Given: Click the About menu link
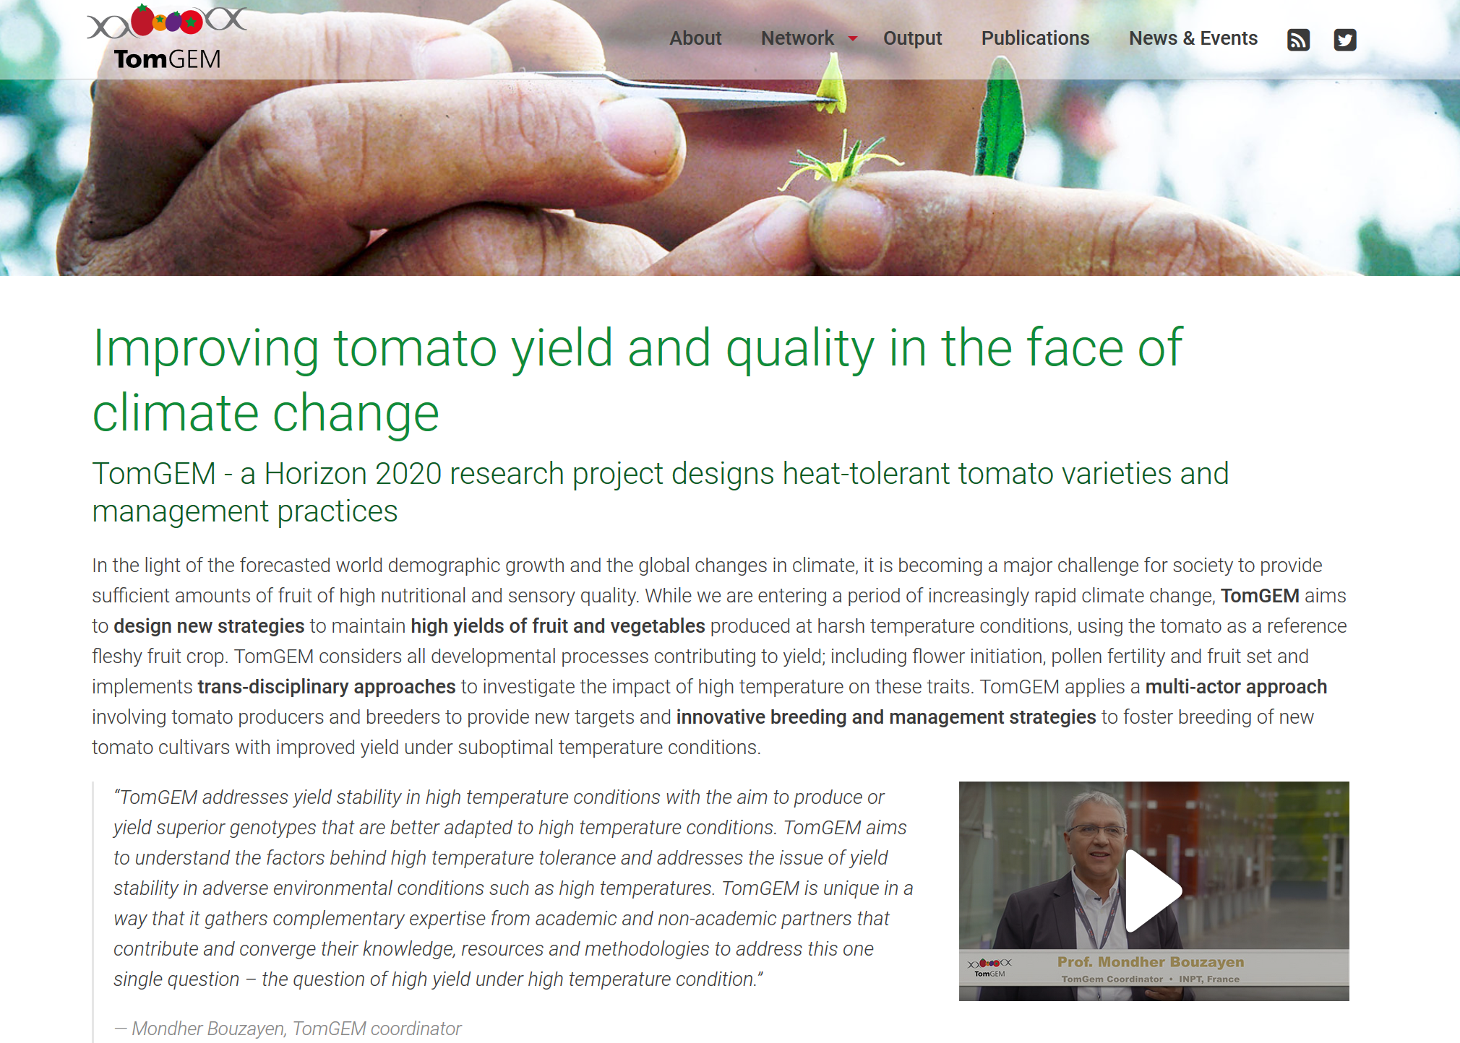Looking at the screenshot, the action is click(695, 38).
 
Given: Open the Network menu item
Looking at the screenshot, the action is click(797, 38).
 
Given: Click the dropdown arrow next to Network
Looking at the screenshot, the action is click(853, 39).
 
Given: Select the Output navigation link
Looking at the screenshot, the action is click(912, 38).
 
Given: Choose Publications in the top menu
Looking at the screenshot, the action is click(1035, 38).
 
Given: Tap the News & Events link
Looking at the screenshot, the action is click(1193, 38).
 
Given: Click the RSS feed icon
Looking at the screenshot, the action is click(1299, 40).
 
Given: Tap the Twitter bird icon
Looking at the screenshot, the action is click(1345, 40).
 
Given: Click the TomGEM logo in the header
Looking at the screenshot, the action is click(167, 38).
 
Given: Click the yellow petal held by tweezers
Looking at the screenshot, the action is click(832, 86).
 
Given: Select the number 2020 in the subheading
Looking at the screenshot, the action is click(408, 474).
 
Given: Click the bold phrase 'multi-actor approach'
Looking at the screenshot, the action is click(1236, 686).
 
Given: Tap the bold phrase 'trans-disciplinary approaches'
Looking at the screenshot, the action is click(327, 686).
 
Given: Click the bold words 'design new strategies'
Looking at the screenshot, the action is click(209, 626).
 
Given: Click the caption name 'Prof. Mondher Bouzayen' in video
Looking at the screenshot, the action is click(1151, 962).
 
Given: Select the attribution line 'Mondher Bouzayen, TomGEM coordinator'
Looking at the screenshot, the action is click(296, 1029).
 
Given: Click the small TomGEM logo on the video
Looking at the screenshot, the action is click(989, 967).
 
